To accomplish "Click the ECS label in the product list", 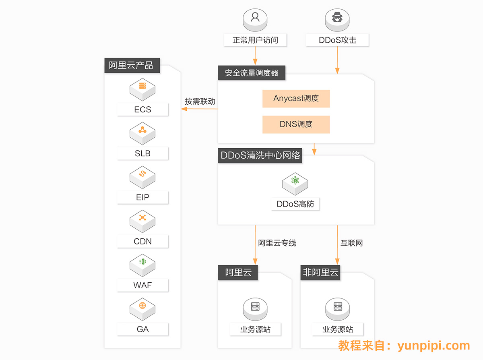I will [x=142, y=110].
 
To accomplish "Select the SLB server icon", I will [x=142, y=131].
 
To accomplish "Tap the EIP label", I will [x=142, y=197].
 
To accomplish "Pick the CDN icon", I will [x=142, y=219].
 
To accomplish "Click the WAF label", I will [x=142, y=285].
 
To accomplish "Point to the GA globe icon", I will [x=142, y=307].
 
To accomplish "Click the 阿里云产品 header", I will [x=132, y=65].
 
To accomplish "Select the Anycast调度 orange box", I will [x=296, y=99].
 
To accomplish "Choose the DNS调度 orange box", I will [x=296, y=124].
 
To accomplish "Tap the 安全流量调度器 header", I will [x=252, y=73].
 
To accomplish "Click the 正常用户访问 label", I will [x=255, y=40].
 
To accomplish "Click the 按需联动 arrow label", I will [x=200, y=101].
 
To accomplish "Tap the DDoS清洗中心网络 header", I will [x=260, y=155].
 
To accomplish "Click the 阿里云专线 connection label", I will [x=277, y=243].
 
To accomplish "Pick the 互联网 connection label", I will [x=351, y=243].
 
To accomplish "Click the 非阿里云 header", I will [x=320, y=273].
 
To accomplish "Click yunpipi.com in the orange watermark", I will [x=433, y=346].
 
